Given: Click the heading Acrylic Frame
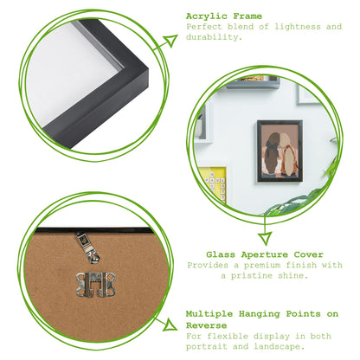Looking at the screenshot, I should [223, 16].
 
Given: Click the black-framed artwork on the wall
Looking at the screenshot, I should [279, 151].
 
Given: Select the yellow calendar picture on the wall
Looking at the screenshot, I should [214, 184].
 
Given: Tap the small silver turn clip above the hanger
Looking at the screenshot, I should [87, 247].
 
